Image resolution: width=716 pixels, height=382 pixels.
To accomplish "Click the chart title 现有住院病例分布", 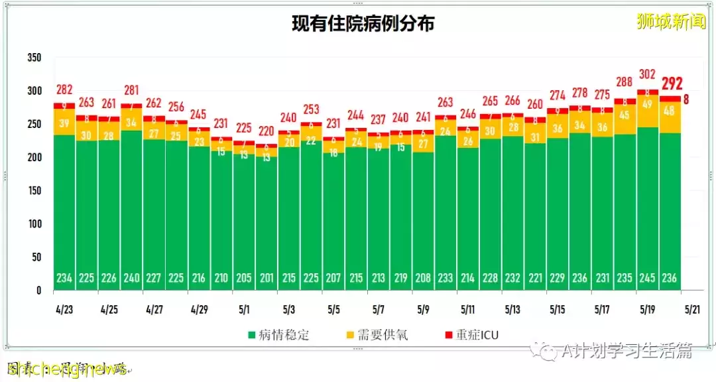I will (x=363, y=25).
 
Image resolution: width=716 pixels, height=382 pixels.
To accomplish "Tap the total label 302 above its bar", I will (x=647, y=74).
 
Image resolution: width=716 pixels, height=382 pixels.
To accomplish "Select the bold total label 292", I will (x=670, y=84).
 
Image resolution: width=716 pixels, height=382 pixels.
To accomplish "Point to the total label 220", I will (x=267, y=131).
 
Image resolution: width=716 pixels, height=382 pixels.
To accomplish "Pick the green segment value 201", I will (x=267, y=279).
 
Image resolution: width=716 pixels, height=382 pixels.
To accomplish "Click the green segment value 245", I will (x=647, y=279).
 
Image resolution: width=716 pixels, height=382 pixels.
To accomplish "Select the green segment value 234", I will (x=64, y=279).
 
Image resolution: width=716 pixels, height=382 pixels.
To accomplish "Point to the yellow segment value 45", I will (x=625, y=116).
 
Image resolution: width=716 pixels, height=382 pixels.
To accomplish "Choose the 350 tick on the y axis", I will (x=34, y=58).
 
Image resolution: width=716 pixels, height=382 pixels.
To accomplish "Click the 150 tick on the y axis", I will (x=34, y=191).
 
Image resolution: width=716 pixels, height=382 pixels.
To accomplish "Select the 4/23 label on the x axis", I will (x=64, y=309).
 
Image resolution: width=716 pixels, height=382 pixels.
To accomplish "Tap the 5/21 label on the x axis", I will (x=692, y=309).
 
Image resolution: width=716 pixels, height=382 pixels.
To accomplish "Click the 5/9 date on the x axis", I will (x=424, y=309).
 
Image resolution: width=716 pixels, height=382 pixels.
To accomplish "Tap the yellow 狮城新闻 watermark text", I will (x=670, y=21).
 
